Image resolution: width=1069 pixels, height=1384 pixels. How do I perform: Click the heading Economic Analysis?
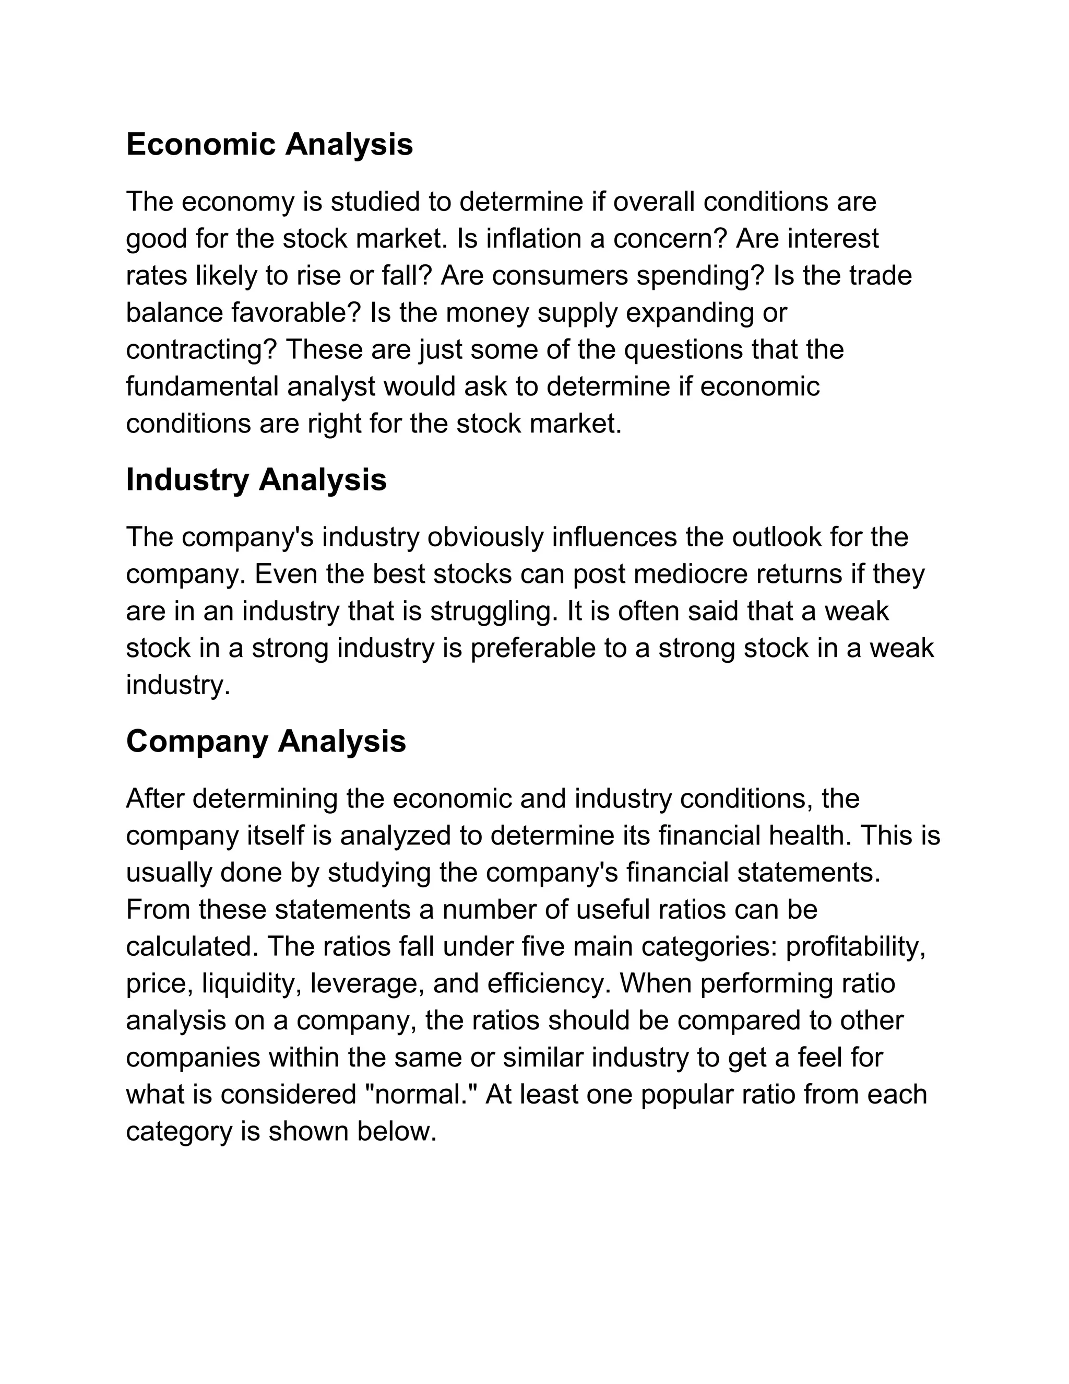[x=269, y=145]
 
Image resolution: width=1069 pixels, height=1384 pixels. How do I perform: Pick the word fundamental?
[x=202, y=386]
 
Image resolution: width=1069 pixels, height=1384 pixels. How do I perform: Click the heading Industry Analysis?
[x=256, y=480]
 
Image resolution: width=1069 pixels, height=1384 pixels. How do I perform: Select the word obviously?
[x=485, y=537]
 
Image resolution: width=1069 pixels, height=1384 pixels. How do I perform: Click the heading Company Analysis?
[x=265, y=741]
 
